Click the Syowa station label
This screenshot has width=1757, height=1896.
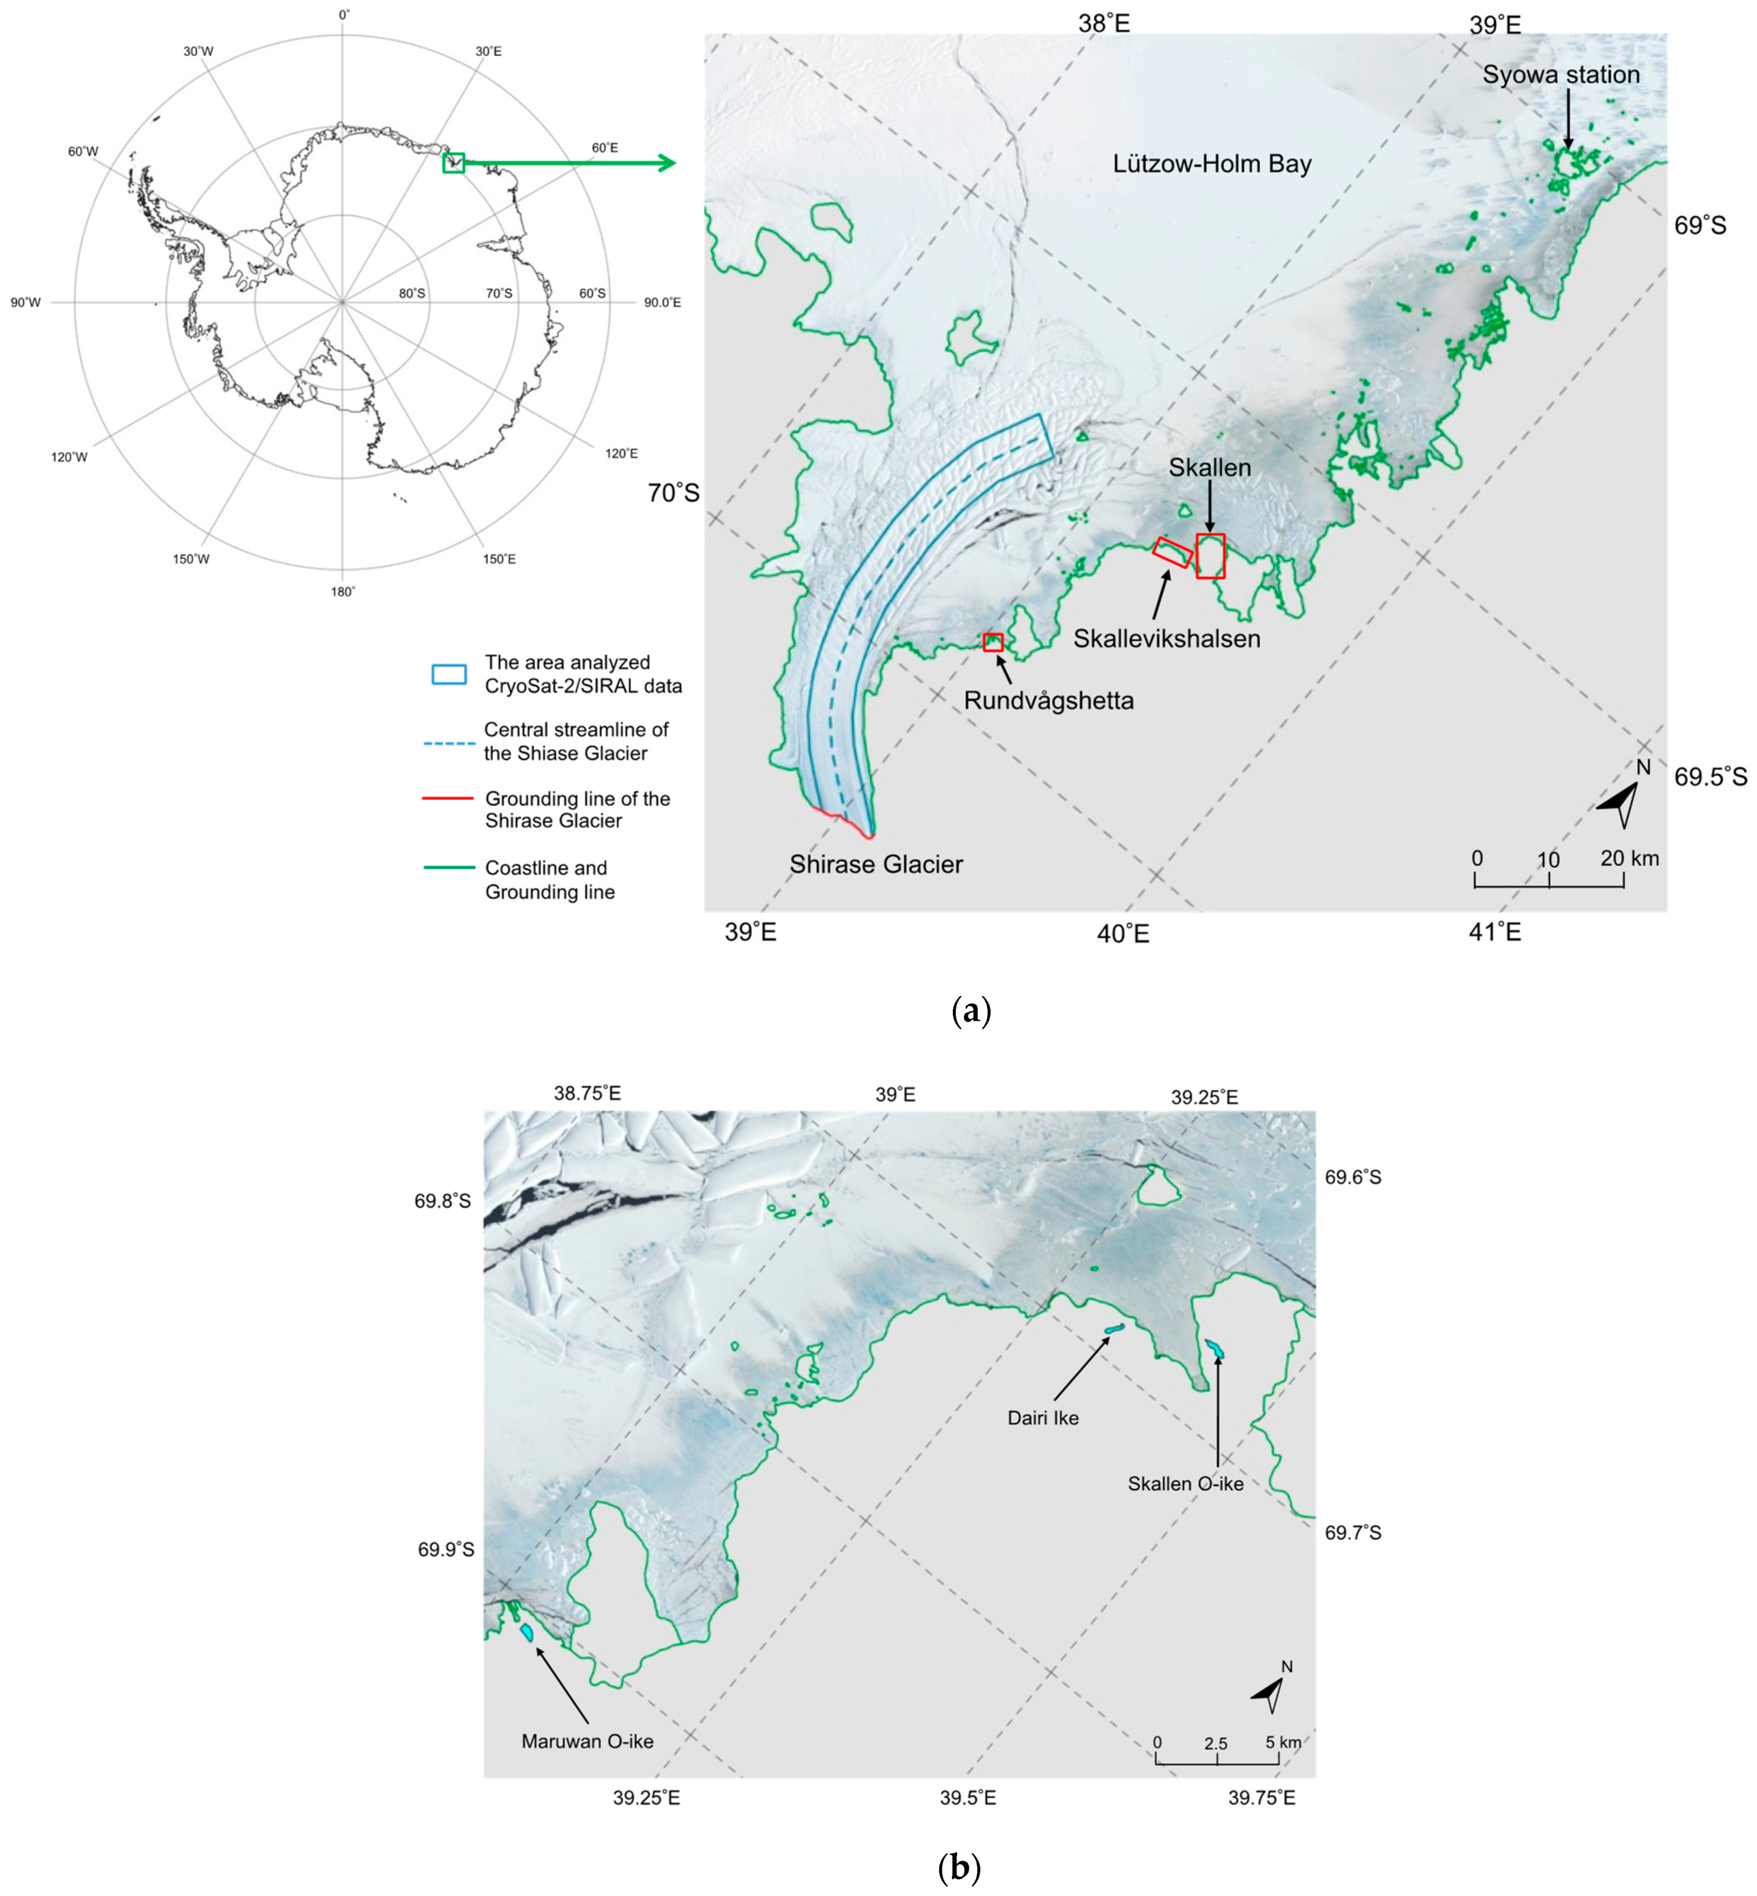tap(1561, 75)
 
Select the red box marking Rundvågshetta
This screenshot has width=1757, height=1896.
tap(993, 642)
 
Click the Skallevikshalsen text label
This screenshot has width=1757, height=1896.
tap(1166, 639)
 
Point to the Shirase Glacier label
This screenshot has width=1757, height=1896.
tap(876, 864)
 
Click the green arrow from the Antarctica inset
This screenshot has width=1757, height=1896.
tap(570, 163)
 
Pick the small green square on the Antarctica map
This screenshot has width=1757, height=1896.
tap(453, 163)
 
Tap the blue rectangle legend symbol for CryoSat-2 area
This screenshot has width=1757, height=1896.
tap(449, 674)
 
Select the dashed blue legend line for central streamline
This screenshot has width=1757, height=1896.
tap(448, 742)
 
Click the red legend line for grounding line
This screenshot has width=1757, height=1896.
tap(448, 798)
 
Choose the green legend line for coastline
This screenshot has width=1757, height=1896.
tap(448, 867)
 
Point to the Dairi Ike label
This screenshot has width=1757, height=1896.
tap(1043, 1418)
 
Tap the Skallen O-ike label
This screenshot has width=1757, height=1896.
tap(1185, 1484)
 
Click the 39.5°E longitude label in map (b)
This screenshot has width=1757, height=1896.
tap(968, 1798)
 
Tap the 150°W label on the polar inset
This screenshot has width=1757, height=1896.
tap(191, 559)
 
